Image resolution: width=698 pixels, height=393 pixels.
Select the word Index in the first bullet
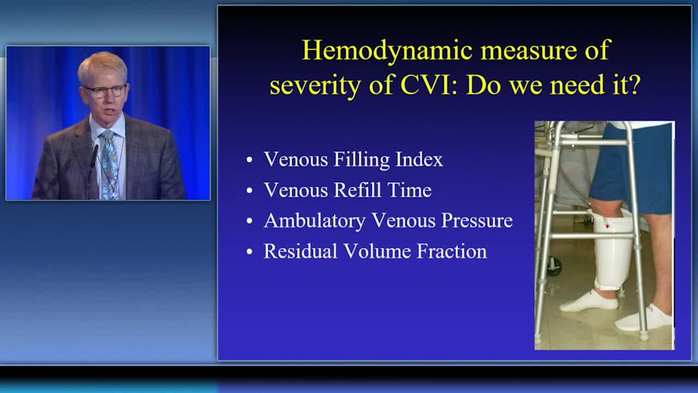click(419, 159)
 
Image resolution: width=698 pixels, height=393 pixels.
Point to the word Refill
click(357, 190)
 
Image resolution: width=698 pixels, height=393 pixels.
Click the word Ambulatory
click(314, 221)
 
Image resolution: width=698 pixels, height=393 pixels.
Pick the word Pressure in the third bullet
click(477, 221)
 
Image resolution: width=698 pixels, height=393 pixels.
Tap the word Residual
click(300, 251)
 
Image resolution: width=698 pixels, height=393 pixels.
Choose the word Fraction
click(452, 251)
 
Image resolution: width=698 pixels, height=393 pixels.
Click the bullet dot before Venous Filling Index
click(249, 160)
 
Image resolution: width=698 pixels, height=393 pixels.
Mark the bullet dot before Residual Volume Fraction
click(249, 252)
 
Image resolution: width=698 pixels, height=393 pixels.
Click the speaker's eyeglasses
click(105, 91)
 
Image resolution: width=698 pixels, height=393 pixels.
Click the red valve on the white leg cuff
click(607, 225)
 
